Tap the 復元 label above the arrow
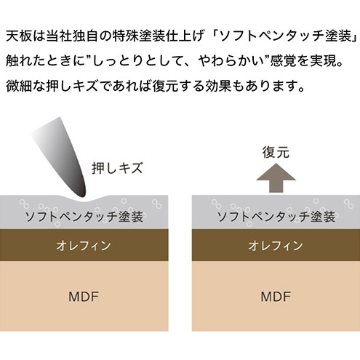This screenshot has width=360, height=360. [x=276, y=152]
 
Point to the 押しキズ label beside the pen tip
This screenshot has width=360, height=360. [x=117, y=167]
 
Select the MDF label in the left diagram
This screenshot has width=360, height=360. [x=84, y=297]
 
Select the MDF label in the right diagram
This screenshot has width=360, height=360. [x=276, y=297]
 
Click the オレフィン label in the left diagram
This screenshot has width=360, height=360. [x=84, y=245]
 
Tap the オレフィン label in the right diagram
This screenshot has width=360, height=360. [x=276, y=245]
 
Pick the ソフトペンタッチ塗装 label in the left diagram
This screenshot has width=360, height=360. [x=84, y=217]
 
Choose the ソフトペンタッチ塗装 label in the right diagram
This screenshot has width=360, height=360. [x=276, y=217]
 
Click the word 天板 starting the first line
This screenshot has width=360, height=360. [x=19, y=36]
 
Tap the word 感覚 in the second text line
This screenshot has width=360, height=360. [x=284, y=61]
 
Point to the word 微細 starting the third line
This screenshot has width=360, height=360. [x=19, y=86]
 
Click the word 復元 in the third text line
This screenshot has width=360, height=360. [x=166, y=86]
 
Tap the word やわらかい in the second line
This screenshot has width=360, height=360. [x=231, y=61]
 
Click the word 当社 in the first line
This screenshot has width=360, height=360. [x=59, y=36]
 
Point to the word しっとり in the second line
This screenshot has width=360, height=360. [x=118, y=61]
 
